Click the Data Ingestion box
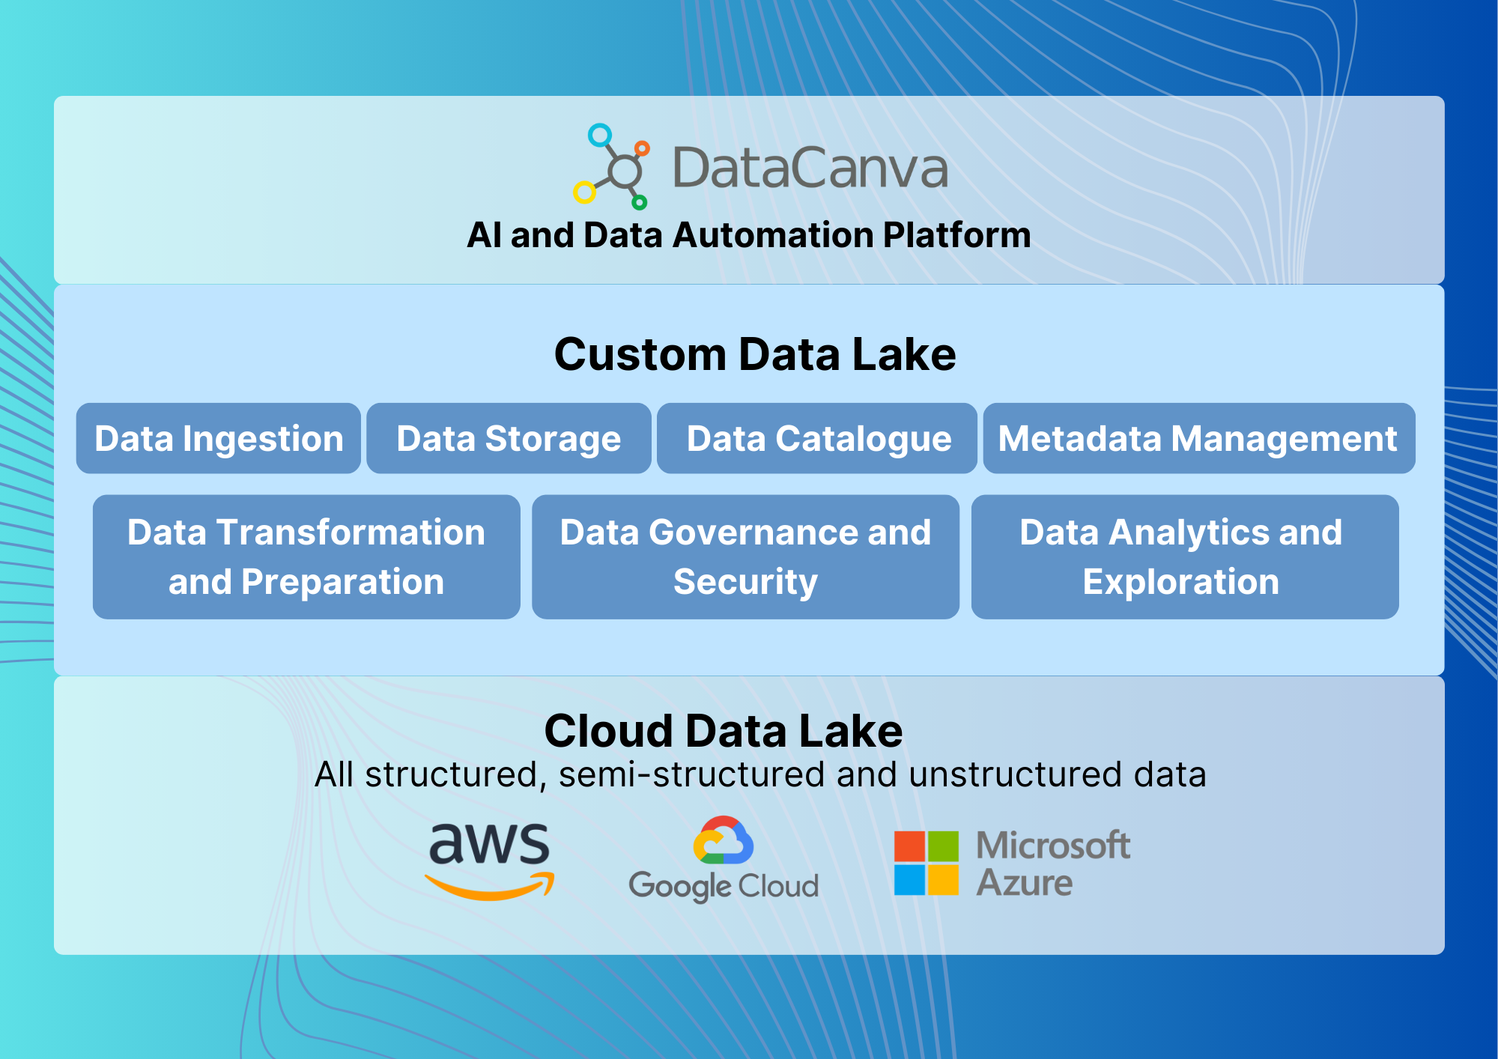click(x=219, y=438)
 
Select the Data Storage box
click(x=509, y=438)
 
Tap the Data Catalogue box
click(x=817, y=438)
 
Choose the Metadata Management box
click(x=1199, y=438)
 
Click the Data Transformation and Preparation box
click(x=306, y=556)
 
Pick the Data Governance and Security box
click(x=745, y=556)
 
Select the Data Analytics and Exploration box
click(x=1185, y=556)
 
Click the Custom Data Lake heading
click(x=755, y=354)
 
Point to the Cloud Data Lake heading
click(x=724, y=730)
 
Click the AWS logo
click(x=490, y=860)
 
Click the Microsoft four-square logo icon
click(x=927, y=863)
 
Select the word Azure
click(x=1025, y=882)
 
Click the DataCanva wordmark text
click(x=810, y=168)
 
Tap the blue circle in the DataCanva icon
click(x=600, y=135)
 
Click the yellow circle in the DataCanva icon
click(x=584, y=192)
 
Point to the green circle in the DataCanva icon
click(x=640, y=202)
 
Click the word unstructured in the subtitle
click(x=1016, y=774)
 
